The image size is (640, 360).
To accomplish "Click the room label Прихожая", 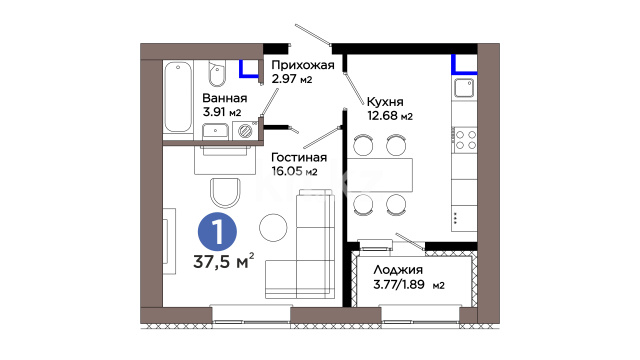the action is click(x=303, y=66).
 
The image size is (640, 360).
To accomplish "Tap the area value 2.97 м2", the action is click(x=292, y=78).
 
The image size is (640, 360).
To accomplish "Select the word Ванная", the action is click(x=225, y=98).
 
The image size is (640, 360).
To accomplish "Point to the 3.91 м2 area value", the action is click(x=222, y=112).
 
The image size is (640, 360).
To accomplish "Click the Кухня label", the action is click(x=385, y=102).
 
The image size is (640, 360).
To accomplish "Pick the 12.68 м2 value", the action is click(x=390, y=116).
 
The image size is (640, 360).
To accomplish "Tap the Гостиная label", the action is click(x=299, y=158).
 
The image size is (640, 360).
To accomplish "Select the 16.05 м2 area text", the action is click(x=294, y=171).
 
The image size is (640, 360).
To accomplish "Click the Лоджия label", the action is click(x=398, y=270).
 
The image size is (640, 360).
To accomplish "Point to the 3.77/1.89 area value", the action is click(x=399, y=284).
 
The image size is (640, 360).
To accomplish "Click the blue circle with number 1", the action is click(x=217, y=231).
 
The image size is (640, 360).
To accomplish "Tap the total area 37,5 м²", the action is click(x=224, y=261).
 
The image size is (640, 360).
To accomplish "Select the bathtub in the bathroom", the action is click(x=178, y=97).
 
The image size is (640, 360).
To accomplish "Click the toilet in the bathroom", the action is click(x=217, y=73).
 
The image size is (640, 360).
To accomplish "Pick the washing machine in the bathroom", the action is click(x=245, y=131).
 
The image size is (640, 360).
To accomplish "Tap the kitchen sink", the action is click(x=464, y=88).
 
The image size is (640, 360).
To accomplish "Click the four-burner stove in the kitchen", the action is click(x=465, y=140).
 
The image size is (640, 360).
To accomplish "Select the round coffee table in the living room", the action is click(x=273, y=227).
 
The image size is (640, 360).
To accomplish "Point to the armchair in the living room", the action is click(x=225, y=193).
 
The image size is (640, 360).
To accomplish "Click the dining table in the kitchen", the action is click(x=380, y=175).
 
